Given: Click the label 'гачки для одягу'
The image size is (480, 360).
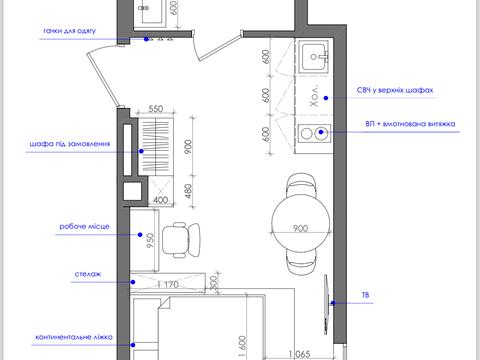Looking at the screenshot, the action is pyautogui.click(x=70, y=31).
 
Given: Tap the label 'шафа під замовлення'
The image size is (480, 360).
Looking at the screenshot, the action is pyautogui.click(x=70, y=144).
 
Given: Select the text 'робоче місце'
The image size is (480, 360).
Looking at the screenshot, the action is pyautogui.click(x=84, y=226).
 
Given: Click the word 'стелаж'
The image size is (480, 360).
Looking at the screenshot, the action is pyautogui.click(x=88, y=274).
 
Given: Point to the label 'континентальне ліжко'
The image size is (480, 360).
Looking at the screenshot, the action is pyautogui.click(x=74, y=337).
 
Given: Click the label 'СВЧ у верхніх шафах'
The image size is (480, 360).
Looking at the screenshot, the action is pyautogui.click(x=395, y=90).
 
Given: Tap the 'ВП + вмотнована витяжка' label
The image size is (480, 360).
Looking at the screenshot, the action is pyautogui.click(x=410, y=124).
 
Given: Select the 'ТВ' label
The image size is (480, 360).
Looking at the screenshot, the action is pyautogui.click(x=365, y=295).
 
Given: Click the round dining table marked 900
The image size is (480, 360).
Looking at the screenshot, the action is pyautogui.click(x=301, y=223).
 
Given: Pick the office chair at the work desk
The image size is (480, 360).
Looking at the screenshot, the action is pyautogui.click(x=181, y=239).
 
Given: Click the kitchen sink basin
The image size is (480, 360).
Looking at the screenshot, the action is pyautogui.click(x=313, y=57).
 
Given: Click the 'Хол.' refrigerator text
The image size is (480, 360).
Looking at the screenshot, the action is pyautogui.click(x=314, y=96).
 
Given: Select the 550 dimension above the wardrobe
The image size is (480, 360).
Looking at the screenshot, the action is pyautogui.click(x=156, y=109).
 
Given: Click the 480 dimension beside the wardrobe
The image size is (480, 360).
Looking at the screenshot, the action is pyautogui.click(x=188, y=191).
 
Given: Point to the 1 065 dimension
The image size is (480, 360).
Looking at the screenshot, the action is pyautogui.click(x=299, y=354).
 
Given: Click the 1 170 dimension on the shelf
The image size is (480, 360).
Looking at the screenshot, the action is pyautogui.click(x=169, y=284).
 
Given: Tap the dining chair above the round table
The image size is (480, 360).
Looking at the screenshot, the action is pyautogui.click(x=301, y=184).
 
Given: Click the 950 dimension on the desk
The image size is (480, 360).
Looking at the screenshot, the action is pyautogui.click(x=151, y=240).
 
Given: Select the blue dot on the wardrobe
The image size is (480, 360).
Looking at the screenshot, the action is pyautogui.click(x=141, y=151).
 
